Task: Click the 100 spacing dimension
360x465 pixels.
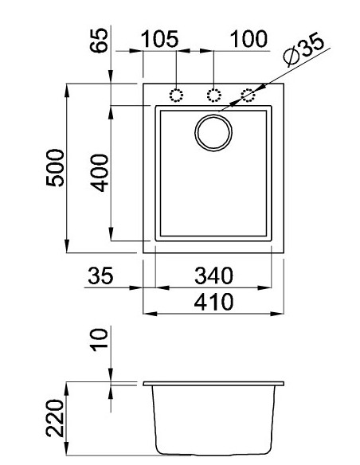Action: tap(249, 40)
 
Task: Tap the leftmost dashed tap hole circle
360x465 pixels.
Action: tap(177, 95)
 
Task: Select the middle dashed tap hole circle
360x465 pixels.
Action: tap(213, 95)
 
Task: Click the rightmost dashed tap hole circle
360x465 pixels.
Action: tap(249, 95)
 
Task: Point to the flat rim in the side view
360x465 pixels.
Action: tap(213, 385)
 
